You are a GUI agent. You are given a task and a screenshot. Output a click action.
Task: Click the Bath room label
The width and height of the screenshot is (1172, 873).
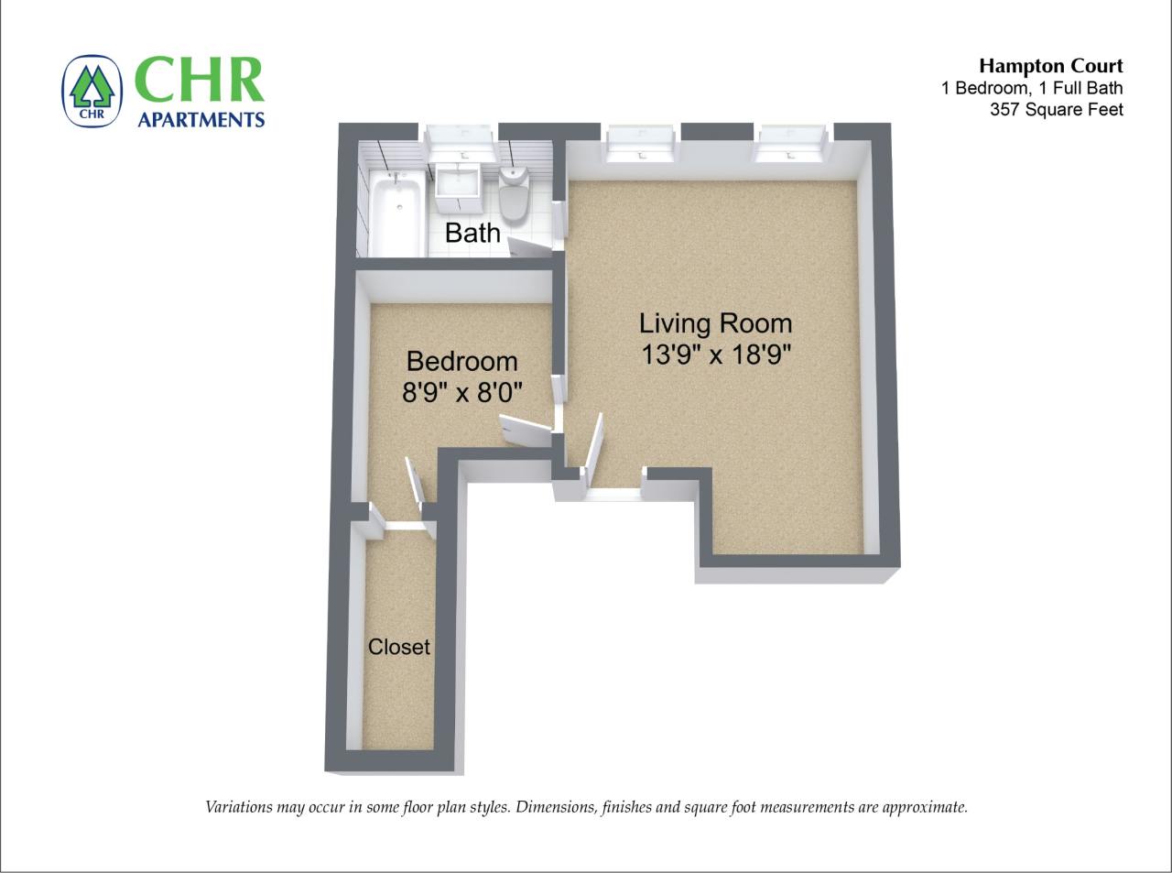pyautogui.click(x=472, y=233)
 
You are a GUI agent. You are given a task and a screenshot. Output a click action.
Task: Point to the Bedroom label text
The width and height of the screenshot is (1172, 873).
pyautogui.click(x=461, y=361)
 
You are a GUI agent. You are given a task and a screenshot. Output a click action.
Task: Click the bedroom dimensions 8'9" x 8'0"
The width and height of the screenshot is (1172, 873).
pyautogui.click(x=461, y=393)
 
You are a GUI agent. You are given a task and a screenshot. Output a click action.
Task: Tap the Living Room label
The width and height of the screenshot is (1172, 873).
pyautogui.click(x=715, y=323)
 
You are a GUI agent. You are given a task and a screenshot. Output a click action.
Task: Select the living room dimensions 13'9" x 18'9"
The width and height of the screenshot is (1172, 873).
pyautogui.click(x=715, y=355)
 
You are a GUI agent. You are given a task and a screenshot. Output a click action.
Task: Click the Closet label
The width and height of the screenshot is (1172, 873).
pyautogui.click(x=399, y=647)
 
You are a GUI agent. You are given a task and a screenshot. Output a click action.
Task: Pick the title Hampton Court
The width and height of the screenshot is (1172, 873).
pyautogui.click(x=1050, y=66)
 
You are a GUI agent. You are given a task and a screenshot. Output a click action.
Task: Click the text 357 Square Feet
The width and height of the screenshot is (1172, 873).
pyautogui.click(x=1056, y=110)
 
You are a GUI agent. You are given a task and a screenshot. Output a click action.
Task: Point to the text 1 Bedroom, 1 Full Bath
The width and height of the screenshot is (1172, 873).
pyautogui.click(x=1031, y=88)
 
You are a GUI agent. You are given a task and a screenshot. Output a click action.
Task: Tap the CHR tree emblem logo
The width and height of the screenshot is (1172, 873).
pyautogui.click(x=92, y=92)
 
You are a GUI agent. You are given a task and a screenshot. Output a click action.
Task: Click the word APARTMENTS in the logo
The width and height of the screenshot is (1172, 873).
pyautogui.click(x=201, y=119)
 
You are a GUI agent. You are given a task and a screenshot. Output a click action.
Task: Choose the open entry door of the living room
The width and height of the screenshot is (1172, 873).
pyautogui.click(x=592, y=445)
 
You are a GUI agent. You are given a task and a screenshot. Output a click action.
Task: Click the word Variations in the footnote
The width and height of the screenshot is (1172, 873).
pyautogui.click(x=238, y=807)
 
